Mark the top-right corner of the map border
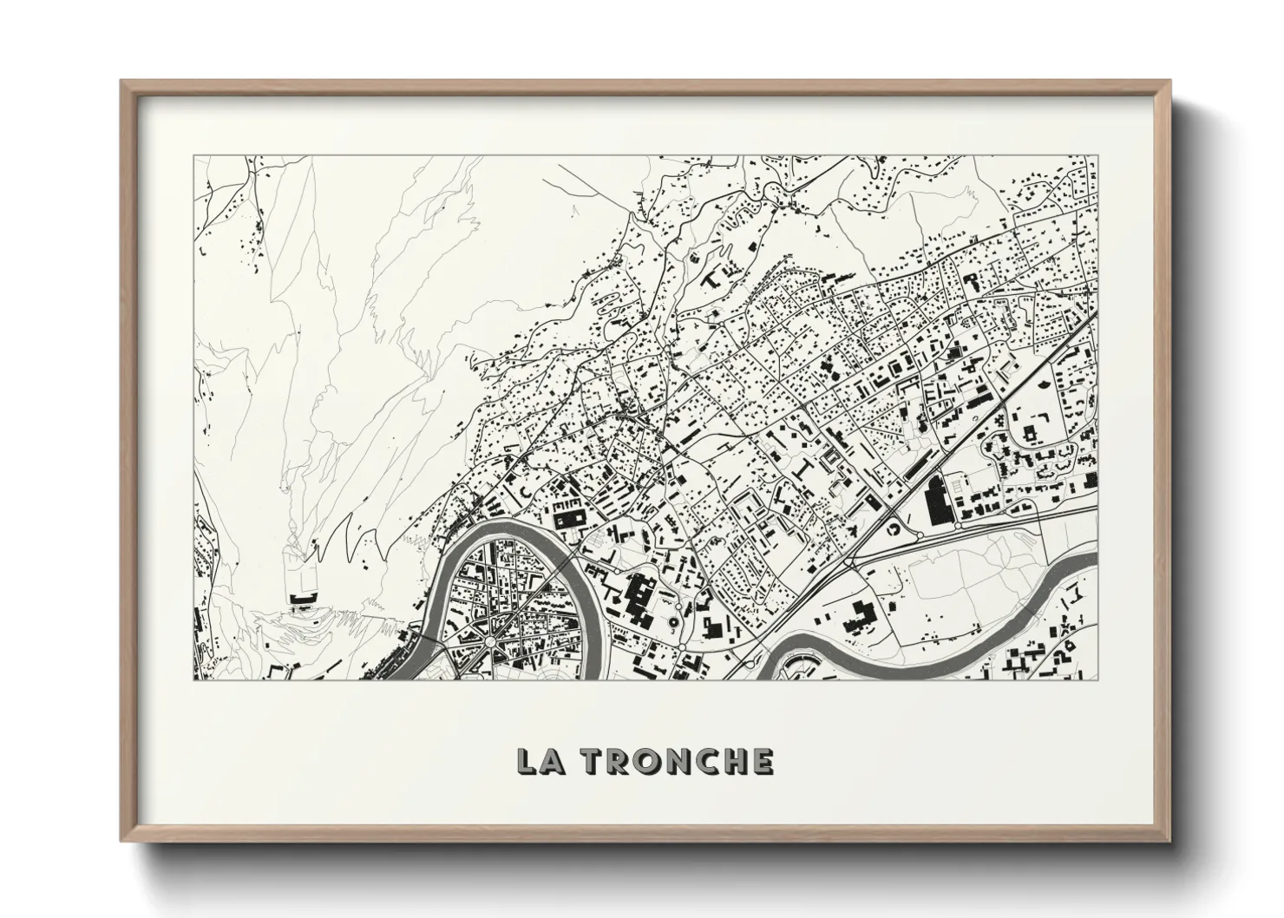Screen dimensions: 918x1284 1097,155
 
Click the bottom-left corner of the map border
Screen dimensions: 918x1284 193,679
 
